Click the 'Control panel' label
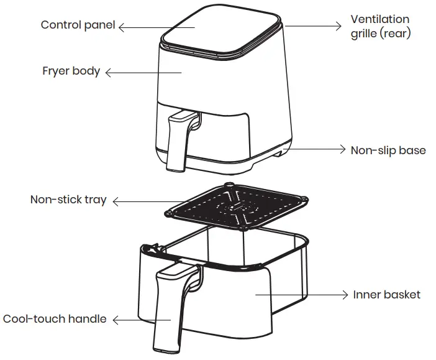click(78, 25)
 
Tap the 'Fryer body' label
click(71, 72)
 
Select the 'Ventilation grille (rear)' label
click(380, 27)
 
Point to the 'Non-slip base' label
click(388, 150)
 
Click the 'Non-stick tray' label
click(68, 200)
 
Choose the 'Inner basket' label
click(387, 295)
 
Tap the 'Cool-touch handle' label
click(55, 319)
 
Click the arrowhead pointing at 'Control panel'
click(121, 27)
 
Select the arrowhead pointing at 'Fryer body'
click(108, 73)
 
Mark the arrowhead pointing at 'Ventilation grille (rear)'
click(338, 26)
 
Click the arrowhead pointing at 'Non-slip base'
click(343, 149)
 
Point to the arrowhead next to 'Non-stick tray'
click(116, 202)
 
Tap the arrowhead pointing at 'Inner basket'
click(345, 295)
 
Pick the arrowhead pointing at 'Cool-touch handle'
click(116, 320)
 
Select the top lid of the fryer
click(221, 29)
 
